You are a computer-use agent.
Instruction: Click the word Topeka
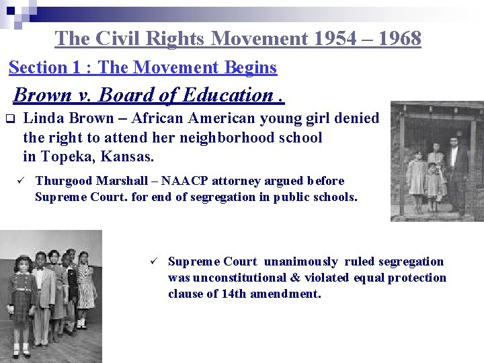[x=67, y=157]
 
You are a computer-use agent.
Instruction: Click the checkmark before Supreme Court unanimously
[x=153, y=261]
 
